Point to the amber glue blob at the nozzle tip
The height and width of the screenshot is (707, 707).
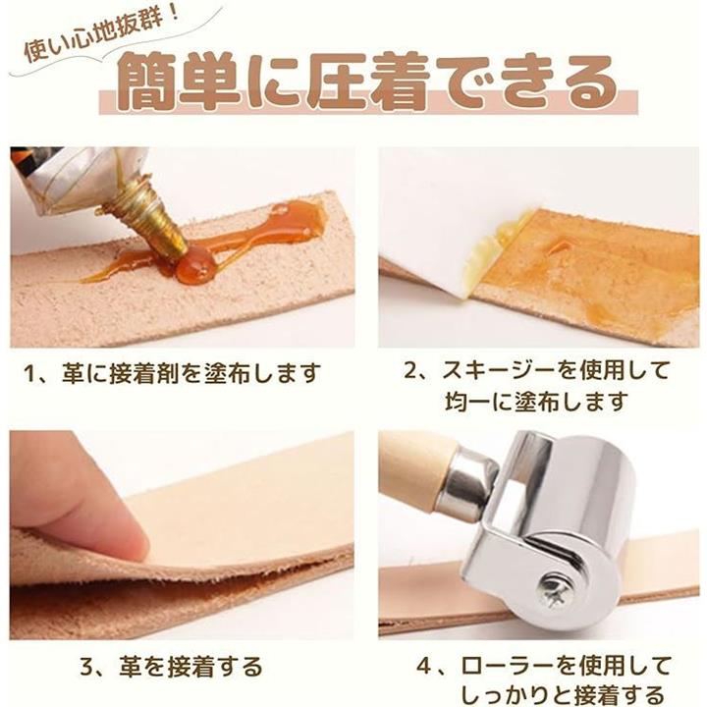195,266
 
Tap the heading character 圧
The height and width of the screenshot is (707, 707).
337,82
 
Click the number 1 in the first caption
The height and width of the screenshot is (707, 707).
29,374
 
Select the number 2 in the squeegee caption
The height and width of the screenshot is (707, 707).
410,370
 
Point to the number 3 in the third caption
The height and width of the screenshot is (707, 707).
87,668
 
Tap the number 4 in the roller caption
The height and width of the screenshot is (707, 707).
424,667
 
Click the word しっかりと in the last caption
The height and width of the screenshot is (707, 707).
509,694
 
